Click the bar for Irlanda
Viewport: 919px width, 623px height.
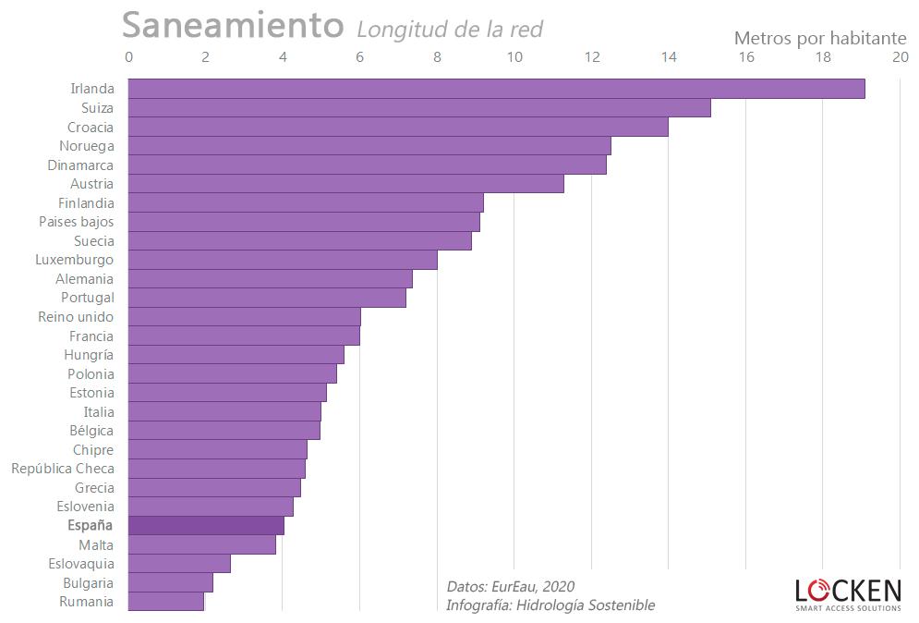click(x=496, y=89)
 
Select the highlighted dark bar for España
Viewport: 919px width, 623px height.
click(x=206, y=525)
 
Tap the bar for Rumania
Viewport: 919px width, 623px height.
click(x=165, y=602)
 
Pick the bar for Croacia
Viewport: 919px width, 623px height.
click(x=397, y=127)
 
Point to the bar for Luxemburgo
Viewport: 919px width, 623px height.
click(x=282, y=260)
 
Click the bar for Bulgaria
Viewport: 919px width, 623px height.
click(x=170, y=582)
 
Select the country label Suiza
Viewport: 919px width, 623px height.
click(x=97, y=108)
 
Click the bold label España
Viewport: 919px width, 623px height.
click(x=91, y=525)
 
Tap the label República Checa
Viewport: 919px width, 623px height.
click(x=63, y=469)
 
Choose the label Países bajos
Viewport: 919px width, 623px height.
click(x=77, y=222)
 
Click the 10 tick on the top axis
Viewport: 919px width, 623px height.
click(x=514, y=57)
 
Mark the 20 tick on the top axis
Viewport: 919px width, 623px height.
click(x=900, y=57)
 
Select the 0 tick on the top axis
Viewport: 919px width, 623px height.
click(x=128, y=57)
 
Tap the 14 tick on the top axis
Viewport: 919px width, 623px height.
click(x=669, y=57)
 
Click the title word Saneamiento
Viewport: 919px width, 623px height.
click(x=233, y=26)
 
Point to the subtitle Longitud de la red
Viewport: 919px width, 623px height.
click(x=450, y=30)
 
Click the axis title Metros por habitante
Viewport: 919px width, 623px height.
click(x=820, y=38)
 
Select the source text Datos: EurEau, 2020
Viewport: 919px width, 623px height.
click(x=510, y=587)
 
